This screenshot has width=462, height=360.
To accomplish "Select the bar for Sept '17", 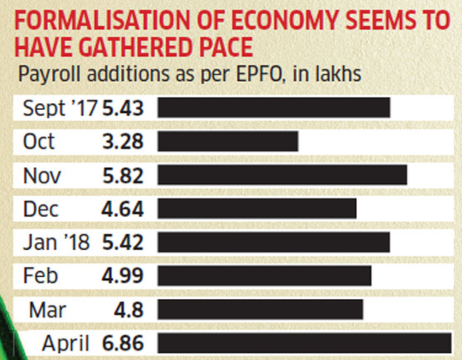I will coord(273,107).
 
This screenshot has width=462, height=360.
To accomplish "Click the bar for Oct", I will coord(227,141).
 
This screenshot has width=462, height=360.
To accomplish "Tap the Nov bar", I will coord(282,174).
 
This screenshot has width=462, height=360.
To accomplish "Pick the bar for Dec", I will coord(257,209).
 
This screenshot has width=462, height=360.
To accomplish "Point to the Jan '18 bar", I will coord(273,242).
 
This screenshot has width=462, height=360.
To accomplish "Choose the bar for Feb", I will coord(264,276).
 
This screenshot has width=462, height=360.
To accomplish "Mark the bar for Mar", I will coord(260,309).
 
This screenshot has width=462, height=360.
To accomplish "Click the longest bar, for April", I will coord(304,343).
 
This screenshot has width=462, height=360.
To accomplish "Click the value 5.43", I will coord(122,108).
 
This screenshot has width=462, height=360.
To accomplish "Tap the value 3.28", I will coord(123,141).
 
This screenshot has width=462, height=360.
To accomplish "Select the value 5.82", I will coord(123,175).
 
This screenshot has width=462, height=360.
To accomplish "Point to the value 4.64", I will coord(123,209).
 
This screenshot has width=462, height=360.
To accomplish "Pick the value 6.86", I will coord(123,343).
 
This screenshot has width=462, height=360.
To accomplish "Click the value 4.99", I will coord(123,276).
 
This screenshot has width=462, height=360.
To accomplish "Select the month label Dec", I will coord(41,209).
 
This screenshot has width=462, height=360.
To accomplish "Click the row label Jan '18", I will coord(56,242).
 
